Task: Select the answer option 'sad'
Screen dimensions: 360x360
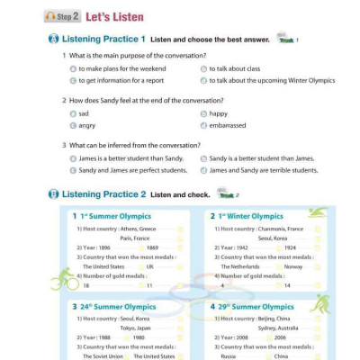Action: coord(84,114)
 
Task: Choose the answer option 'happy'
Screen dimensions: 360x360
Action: coord(218,114)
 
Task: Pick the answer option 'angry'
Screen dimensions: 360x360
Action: coord(87,126)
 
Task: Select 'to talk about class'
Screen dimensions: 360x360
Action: coord(234,68)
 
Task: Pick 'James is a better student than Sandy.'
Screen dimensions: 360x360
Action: coord(130,157)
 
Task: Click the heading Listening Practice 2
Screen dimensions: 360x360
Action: coord(100,194)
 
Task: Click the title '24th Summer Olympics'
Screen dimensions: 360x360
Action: coord(117,307)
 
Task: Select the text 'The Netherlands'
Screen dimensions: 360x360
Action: coord(239,266)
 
